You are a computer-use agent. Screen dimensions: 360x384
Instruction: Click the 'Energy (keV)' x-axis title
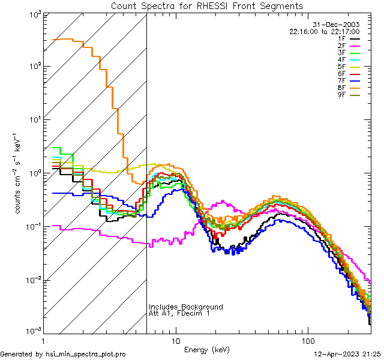click(x=207, y=349)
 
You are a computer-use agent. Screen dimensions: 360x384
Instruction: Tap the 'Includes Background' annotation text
click(x=185, y=307)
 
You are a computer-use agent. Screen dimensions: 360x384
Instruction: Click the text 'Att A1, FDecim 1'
click(x=179, y=313)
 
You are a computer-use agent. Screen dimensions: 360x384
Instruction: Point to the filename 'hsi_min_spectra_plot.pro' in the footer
click(x=86, y=354)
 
